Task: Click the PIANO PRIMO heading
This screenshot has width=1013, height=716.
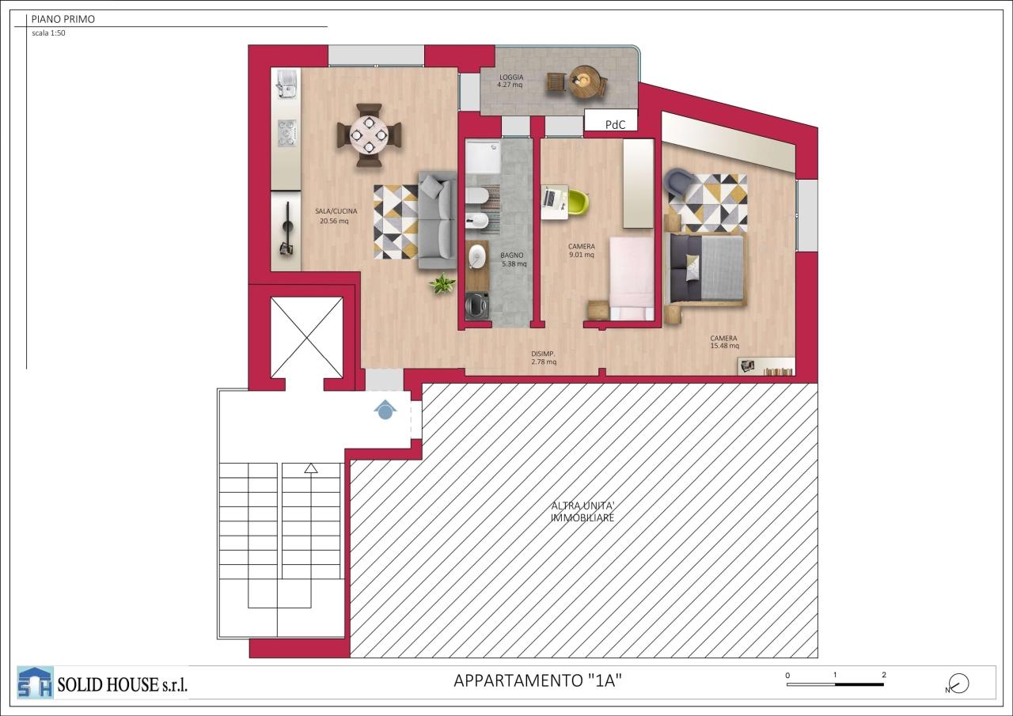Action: pos(63,19)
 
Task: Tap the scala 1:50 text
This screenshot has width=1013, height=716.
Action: pos(48,33)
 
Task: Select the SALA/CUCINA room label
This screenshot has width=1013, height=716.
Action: pos(336,211)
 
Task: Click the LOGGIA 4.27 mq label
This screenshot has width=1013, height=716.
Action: pos(511,81)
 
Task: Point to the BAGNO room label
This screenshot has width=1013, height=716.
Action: pos(512,256)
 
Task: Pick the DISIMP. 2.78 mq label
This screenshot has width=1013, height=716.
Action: pos(544,358)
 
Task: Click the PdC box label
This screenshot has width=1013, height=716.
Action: pos(616,125)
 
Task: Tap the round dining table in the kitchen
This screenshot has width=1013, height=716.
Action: pos(369,134)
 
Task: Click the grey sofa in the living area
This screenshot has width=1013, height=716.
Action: pos(438,220)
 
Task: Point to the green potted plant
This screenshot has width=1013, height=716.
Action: pos(442,284)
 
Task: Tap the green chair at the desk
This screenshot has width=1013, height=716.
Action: pos(578,202)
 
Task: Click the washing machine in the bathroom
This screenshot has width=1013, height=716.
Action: pos(477,305)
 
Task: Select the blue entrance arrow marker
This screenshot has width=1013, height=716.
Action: pos(385,410)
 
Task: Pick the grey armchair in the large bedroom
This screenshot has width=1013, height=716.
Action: pos(678,183)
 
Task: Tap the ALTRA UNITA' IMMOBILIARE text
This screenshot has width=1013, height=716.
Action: pos(582,512)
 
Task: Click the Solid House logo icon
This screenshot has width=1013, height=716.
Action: pos(35,682)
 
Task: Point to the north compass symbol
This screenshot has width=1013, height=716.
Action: pos(958,684)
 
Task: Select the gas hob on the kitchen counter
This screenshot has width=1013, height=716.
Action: pos(286,133)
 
